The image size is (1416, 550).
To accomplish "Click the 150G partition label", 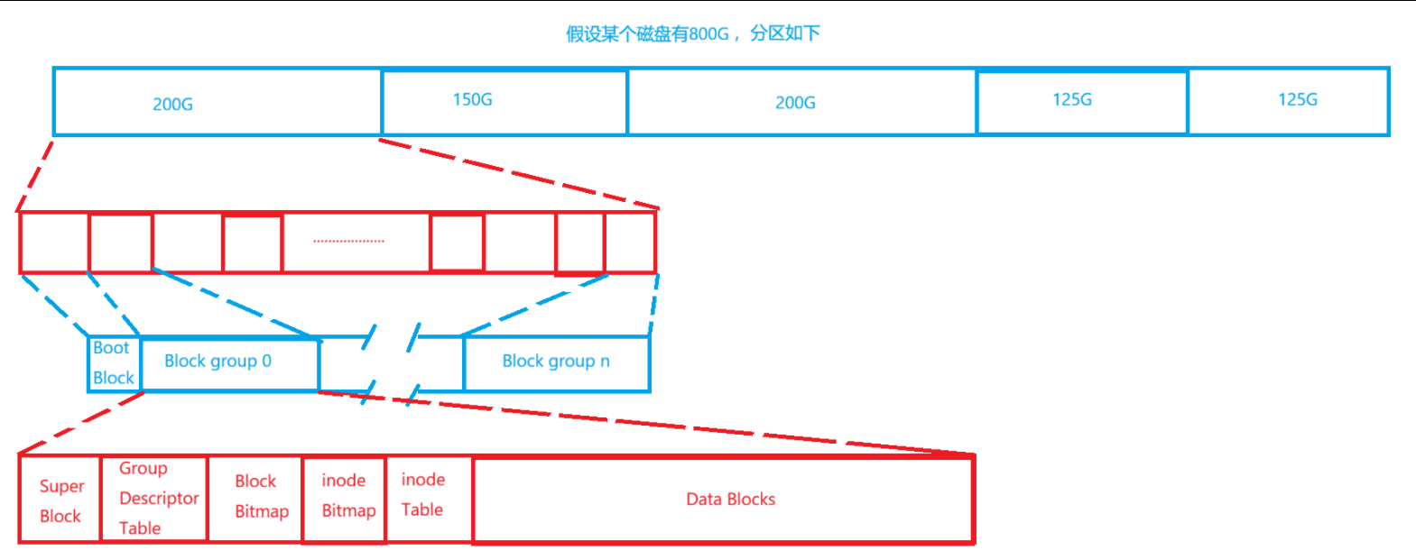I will tap(472, 99).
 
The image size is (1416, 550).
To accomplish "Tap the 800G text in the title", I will tap(708, 34).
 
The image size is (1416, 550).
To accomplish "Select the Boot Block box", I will tap(114, 363).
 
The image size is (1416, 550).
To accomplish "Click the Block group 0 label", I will tap(217, 361).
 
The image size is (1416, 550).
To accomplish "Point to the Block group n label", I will tap(556, 361).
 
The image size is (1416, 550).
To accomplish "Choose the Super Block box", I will tap(60, 500).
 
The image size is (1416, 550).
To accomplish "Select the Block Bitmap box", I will tap(255, 497).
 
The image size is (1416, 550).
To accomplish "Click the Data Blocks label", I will tap(730, 499).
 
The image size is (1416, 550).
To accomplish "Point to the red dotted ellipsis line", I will tap(348, 242).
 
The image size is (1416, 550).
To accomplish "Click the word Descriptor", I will tap(159, 498).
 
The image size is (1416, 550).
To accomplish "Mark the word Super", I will tap(61, 486).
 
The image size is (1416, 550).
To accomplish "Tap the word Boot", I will tap(111, 348).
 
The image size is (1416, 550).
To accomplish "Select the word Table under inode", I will tap(421, 509).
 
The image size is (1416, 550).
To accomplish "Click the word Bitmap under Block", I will tap(262, 511).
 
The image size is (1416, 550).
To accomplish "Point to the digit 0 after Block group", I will tap(266, 361).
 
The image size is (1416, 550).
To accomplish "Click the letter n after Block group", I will tap(605, 361).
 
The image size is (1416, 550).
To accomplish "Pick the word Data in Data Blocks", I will tap(703, 499).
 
